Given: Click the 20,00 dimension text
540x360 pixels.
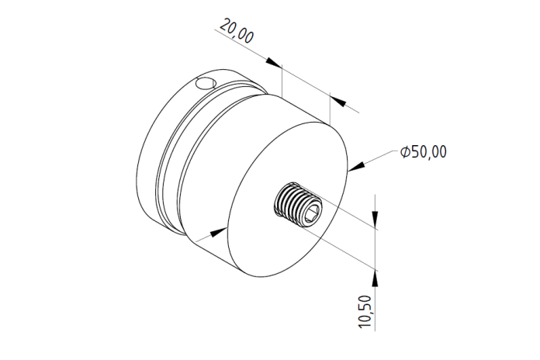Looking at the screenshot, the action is [237, 31].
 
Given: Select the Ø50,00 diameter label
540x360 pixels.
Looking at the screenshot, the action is [424, 152].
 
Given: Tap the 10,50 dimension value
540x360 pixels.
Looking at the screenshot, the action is [365, 311].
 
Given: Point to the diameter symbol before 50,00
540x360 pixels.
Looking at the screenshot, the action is [405, 152].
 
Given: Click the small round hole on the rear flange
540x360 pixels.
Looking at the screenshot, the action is [206, 84].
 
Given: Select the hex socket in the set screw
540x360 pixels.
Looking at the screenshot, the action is [312, 213].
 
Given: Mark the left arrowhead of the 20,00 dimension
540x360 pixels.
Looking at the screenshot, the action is [273, 62].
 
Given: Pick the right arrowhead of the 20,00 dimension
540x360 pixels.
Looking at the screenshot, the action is [337, 101].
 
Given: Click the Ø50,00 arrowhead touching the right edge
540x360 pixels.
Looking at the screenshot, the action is [356, 166].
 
